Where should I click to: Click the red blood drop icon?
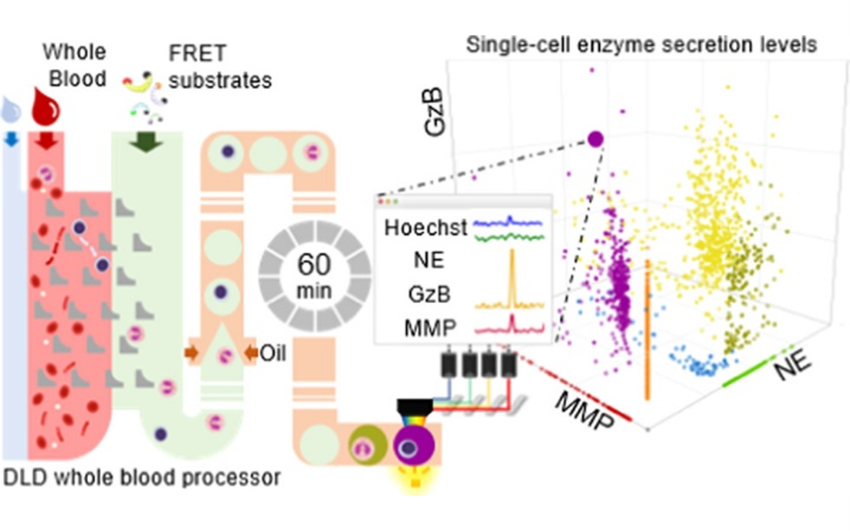(x=46, y=107)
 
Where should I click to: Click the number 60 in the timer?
(x=314, y=264)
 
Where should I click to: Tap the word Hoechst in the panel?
(x=426, y=228)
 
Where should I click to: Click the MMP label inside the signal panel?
(x=430, y=328)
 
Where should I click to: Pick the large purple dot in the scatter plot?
(x=595, y=139)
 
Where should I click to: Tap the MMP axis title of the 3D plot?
(x=585, y=411)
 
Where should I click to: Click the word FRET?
(x=198, y=53)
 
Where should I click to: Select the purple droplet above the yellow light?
(x=414, y=446)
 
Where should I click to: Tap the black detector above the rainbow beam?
(x=415, y=407)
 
